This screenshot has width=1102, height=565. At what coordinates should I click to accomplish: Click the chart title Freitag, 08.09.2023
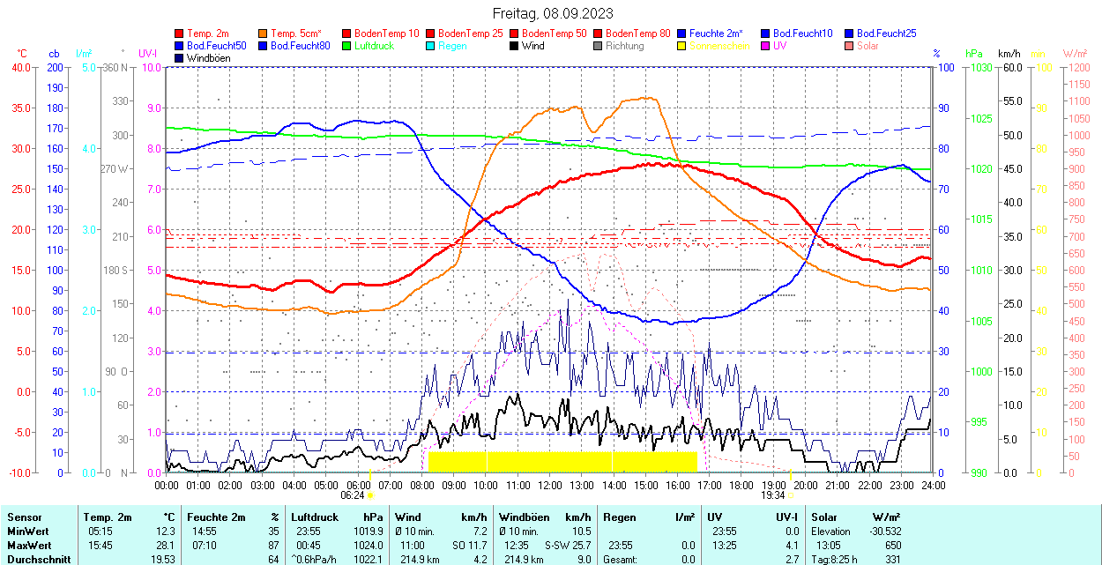click(552, 13)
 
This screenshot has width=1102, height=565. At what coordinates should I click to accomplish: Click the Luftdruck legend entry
click(374, 46)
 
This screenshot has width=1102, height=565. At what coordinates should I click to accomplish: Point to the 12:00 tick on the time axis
click(550, 486)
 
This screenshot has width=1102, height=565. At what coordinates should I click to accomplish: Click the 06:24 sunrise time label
click(353, 495)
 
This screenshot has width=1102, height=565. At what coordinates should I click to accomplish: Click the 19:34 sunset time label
click(774, 495)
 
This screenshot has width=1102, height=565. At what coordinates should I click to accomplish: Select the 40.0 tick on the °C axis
click(19, 67)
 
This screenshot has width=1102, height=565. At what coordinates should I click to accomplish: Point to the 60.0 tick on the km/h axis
click(1009, 67)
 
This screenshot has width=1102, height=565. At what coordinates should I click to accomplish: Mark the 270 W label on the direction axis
click(115, 168)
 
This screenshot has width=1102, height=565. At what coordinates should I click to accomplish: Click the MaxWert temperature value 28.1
click(166, 546)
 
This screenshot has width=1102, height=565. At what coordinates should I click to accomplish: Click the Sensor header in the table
click(23, 517)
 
